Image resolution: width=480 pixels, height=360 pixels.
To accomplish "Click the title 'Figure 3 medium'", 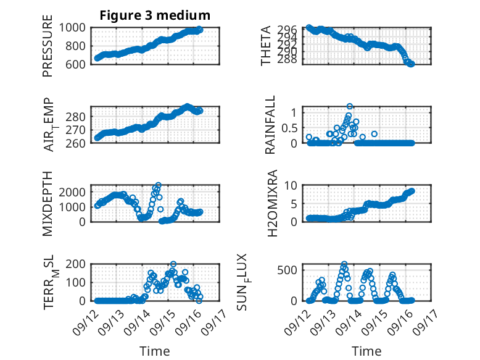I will click(155, 15).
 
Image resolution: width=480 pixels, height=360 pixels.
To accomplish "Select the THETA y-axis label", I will click(266, 46).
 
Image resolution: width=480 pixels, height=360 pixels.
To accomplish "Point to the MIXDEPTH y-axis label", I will click(48, 204).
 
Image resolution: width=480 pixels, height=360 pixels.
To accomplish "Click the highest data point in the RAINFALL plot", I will click(350, 107).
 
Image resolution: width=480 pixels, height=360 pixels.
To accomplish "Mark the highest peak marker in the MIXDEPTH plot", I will click(159, 185).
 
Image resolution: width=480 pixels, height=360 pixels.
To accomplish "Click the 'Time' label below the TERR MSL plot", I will click(155, 351).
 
